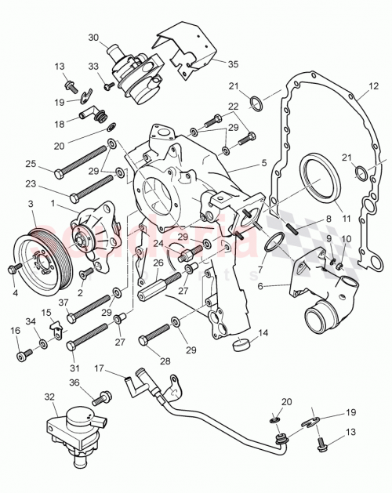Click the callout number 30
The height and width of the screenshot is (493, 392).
tap(93, 37)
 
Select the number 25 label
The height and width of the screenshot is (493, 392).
tap(31, 164)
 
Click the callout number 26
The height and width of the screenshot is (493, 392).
tap(157, 263)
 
